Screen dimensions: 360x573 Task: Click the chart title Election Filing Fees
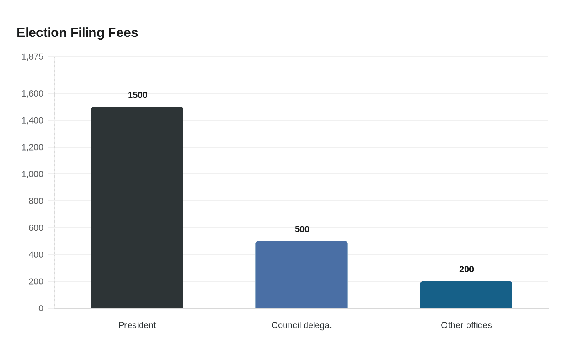77,33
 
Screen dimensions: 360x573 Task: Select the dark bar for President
137,208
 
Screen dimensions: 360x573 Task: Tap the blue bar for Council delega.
302,275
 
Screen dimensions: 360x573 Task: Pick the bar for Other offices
466,295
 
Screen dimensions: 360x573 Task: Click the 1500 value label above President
138,95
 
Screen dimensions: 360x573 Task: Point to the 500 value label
302,229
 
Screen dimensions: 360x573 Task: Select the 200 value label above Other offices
467,270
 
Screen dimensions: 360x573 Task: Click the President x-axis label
137,325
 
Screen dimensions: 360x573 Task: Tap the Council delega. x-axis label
302,325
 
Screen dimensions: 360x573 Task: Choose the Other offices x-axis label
466,325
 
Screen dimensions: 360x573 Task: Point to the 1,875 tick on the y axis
32,57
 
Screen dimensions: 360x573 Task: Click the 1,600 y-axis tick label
32,94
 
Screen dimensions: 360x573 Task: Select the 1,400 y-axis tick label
32,120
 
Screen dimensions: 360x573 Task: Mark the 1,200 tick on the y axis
32,147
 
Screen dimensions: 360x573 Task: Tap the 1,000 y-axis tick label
32,174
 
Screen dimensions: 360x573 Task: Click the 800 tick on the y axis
36,201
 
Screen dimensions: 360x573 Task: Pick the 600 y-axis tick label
36,228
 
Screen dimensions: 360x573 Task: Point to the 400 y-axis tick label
36,254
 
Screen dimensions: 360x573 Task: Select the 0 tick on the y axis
41,308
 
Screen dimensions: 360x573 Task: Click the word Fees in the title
123,33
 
